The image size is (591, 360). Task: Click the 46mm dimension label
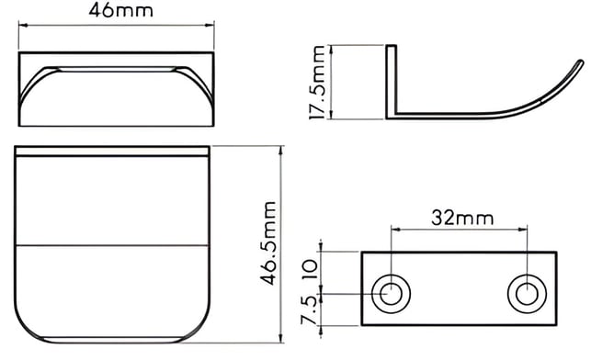tap(121, 10)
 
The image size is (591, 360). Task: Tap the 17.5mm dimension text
tap(317, 82)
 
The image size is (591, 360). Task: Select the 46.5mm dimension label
tap(268, 243)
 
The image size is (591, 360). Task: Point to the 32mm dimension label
tap(462, 218)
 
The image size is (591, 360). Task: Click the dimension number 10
tap(311, 270)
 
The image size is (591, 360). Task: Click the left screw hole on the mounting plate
tap(391, 294)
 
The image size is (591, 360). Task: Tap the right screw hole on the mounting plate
tap(527, 294)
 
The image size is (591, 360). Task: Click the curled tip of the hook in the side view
tap(580, 63)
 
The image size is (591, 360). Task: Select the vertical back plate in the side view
tap(392, 82)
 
